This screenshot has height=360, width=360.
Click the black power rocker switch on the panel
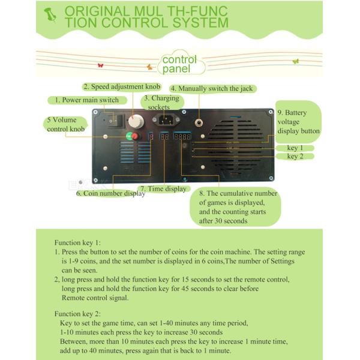[118, 119]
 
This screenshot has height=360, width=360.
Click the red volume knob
[134, 136]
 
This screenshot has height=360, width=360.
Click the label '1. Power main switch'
[87, 100]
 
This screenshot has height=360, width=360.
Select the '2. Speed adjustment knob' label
[122, 86]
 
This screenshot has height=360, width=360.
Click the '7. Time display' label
[163, 188]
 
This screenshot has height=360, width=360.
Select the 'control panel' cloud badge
[179, 64]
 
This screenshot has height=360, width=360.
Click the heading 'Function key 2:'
[77, 314]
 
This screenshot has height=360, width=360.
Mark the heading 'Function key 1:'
[77, 242]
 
